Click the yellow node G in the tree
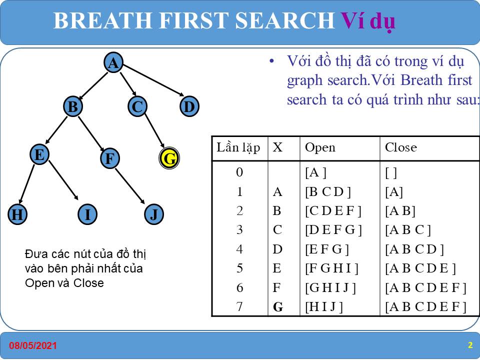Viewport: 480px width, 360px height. coord(169,158)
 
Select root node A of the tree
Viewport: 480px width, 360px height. coord(113,62)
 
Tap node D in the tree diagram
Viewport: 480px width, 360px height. coord(189,106)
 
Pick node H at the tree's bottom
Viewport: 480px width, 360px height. coord(17,214)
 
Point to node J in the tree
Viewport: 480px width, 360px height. coord(153,214)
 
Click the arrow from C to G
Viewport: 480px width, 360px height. coord(154,130)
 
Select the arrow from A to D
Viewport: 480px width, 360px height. coord(153,80)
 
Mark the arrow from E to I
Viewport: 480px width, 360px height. coord(63,180)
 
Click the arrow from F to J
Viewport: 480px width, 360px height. coord(130,186)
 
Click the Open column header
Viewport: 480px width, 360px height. coord(320,147)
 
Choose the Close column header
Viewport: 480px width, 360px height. coord(400,147)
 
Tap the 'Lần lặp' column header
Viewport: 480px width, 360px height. coord(238,147)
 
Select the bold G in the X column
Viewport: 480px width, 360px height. coord(278,306)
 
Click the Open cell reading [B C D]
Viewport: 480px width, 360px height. coord(328,192)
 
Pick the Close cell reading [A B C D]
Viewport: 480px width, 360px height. coord(414,249)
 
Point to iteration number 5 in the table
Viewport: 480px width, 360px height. coord(239,268)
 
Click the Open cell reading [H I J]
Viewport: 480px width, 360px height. coord(324,306)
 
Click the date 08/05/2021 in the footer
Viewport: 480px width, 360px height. coord(33,345)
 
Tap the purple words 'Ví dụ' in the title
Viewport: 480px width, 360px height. coord(368,21)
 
